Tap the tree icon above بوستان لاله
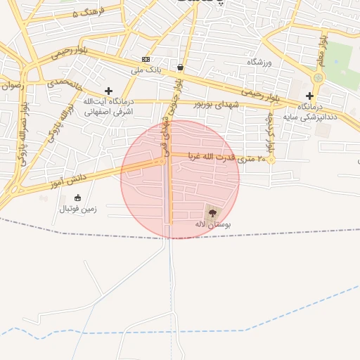pos(212,212)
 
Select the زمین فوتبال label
pos(77,209)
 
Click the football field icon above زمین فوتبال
pos(77,198)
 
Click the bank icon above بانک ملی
pos(146,59)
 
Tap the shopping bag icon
pos(181,67)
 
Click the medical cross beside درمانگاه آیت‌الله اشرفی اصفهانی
pos(108,91)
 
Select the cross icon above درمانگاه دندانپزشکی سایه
pos(310,95)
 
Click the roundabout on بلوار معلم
pos(318,77)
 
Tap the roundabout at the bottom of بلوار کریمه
pos(271,160)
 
